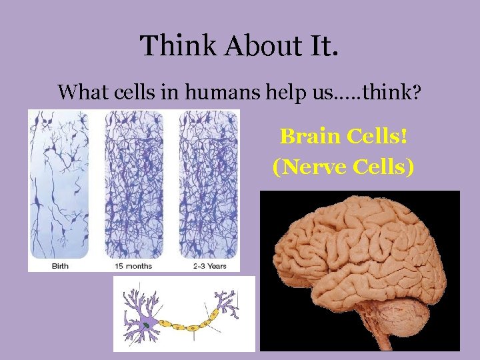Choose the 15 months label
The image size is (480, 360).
point(133,266)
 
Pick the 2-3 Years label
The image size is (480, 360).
point(209,266)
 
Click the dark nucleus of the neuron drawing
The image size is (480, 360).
point(146,325)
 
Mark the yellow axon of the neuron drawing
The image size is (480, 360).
point(187,326)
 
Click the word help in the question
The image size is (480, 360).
point(283,92)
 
